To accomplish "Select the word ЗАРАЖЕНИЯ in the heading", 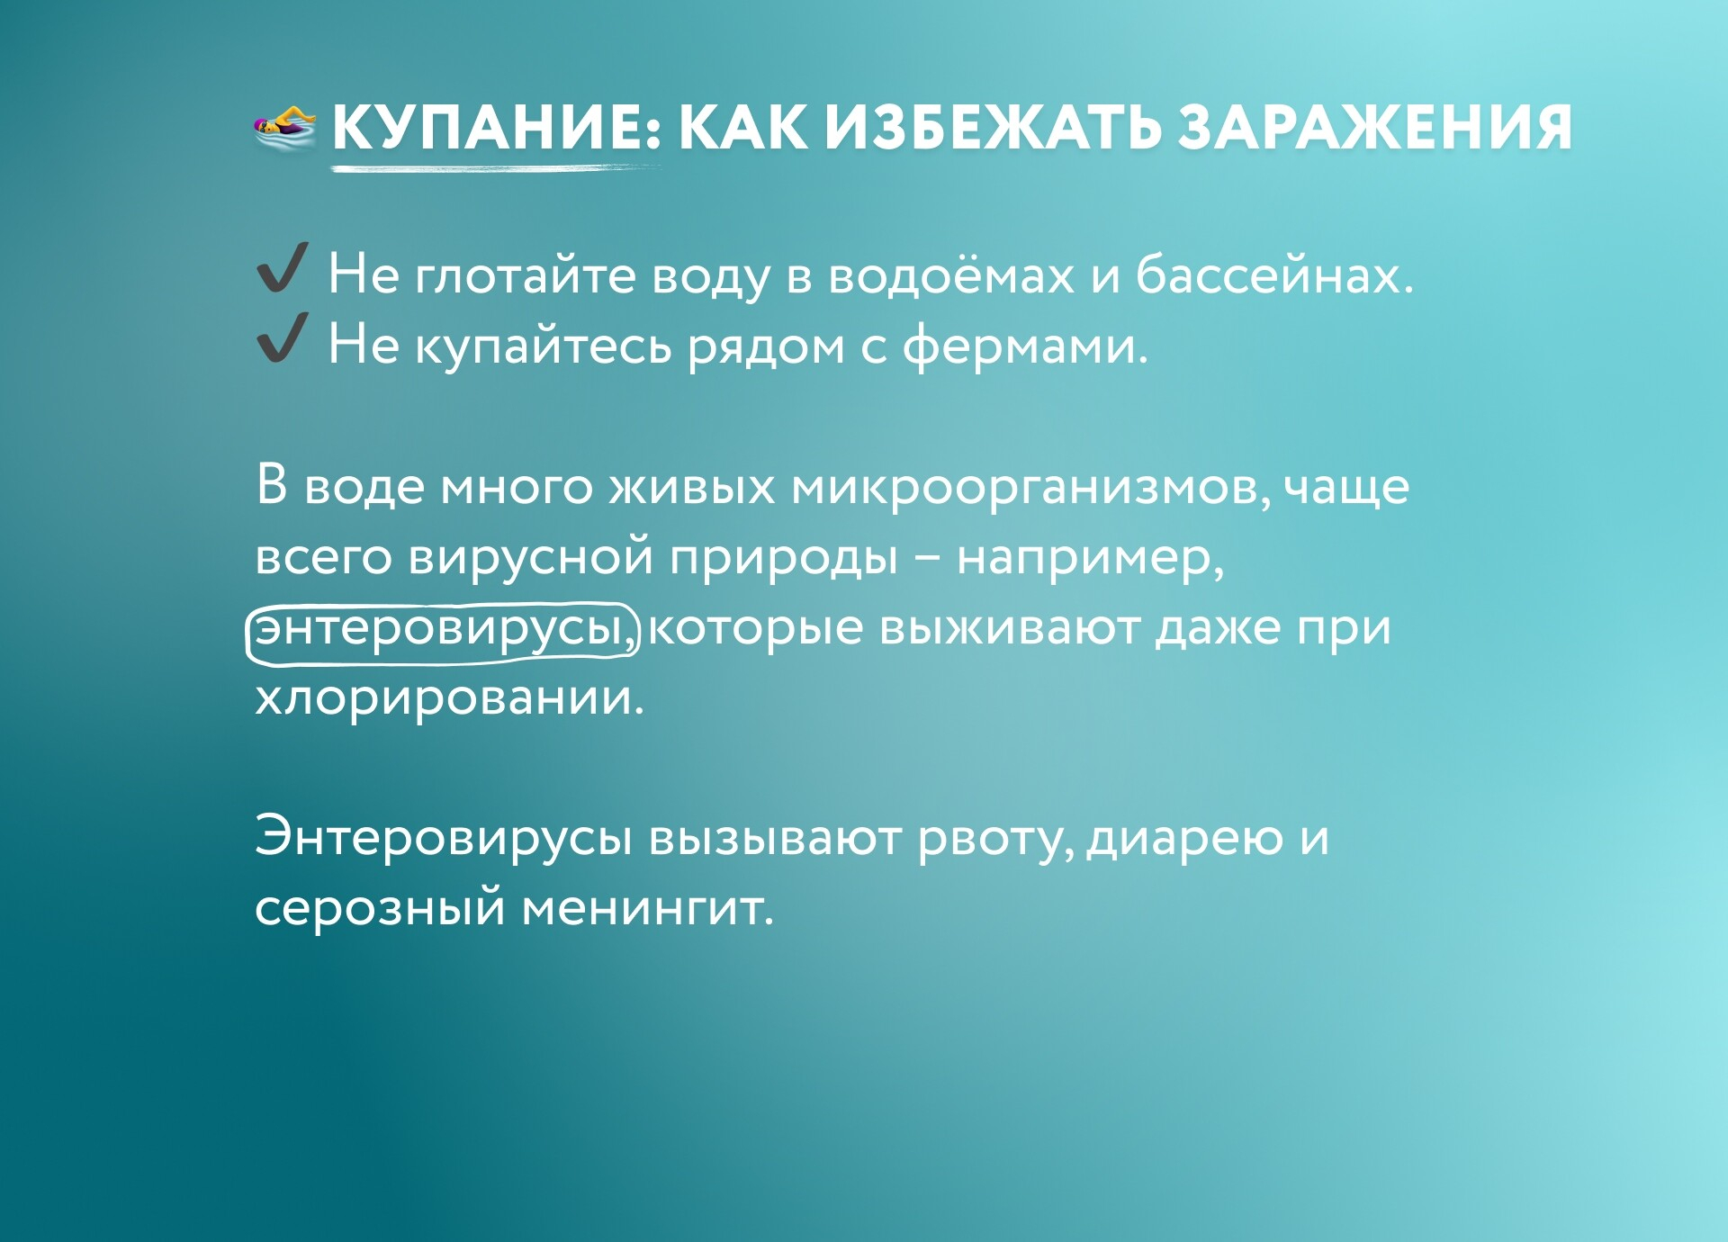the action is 1375,127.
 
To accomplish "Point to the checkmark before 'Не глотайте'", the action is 282,267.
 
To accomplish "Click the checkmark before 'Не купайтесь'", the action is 282,337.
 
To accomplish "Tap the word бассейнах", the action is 1274,274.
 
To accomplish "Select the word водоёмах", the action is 950,274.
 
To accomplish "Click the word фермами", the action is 1026,346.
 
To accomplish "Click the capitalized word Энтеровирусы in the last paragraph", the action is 444,837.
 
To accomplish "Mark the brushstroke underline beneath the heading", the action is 496,168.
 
